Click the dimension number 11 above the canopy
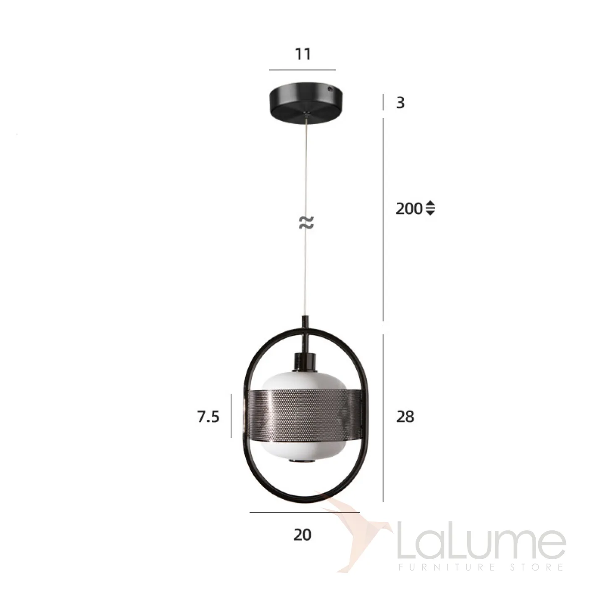click(303, 54)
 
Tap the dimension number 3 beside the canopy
click(400, 103)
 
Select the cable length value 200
click(409, 209)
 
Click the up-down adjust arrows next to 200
click(431, 208)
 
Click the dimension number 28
click(405, 417)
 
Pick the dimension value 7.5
click(208, 417)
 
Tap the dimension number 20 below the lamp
click(302, 535)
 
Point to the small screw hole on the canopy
click(330, 89)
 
